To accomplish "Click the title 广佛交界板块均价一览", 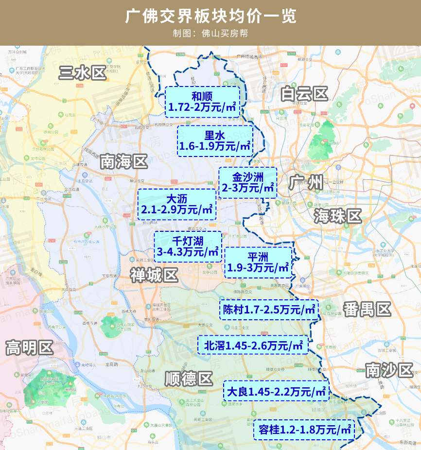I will point(210,16).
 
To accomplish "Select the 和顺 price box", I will point(202,102).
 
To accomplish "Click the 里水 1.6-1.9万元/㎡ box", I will point(215,140).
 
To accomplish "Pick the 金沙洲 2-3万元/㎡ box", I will point(248,182).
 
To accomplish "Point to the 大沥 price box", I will point(177,204).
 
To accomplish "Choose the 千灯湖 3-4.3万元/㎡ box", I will point(188,246).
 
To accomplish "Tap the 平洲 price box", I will point(258,262).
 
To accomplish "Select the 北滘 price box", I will point(253,345).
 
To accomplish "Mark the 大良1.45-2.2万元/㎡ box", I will point(276,391).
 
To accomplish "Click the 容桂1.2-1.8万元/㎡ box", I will point(304,429).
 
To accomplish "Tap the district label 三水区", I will point(82,73).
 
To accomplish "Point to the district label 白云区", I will point(305,93).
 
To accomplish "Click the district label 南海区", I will point(123,162).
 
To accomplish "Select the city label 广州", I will point(306,183).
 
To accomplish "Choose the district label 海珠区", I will point(338,216).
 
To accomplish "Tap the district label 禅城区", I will point(154,276).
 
